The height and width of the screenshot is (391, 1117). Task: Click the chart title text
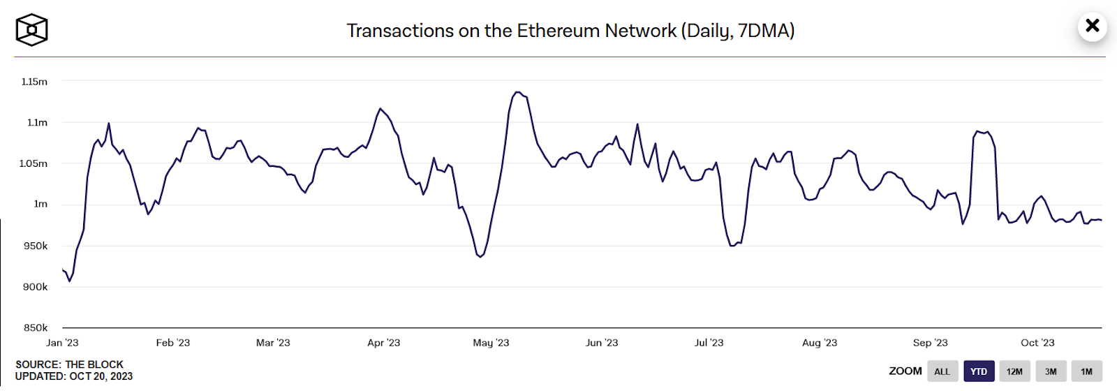pyautogui.click(x=570, y=31)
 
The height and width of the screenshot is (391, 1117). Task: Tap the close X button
pyautogui.click(x=1092, y=27)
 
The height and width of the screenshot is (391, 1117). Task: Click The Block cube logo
pyautogui.click(x=31, y=30)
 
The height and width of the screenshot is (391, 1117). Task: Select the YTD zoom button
pyautogui.click(x=979, y=371)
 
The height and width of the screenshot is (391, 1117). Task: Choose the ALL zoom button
pyautogui.click(x=942, y=371)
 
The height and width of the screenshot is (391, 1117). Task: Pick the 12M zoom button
pyautogui.click(x=1014, y=371)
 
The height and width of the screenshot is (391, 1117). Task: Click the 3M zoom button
pyautogui.click(x=1051, y=371)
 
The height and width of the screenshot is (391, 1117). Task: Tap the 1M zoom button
pyautogui.click(x=1086, y=371)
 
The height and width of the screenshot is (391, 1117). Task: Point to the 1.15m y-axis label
pyautogui.click(x=34, y=82)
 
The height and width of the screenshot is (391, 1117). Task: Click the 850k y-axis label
pyautogui.click(x=36, y=327)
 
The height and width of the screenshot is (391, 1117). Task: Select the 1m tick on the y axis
pyautogui.click(x=40, y=204)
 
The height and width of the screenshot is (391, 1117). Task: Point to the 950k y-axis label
pyautogui.click(x=36, y=246)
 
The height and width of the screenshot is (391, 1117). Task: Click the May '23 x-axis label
pyautogui.click(x=491, y=343)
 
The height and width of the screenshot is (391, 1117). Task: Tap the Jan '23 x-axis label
pyautogui.click(x=62, y=343)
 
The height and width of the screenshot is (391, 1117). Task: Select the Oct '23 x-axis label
pyautogui.click(x=1037, y=343)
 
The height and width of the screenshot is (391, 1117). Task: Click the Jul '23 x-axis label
pyautogui.click(x=709, y=343)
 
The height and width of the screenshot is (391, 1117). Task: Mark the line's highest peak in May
pyautogui.click(x=517, y=91)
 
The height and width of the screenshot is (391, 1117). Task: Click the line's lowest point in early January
pyautogui.click(x=69, y=281)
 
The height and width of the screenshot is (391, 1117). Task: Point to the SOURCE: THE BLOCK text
pyautogui.click(x=69, y=364)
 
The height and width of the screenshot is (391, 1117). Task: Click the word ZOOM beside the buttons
pyautogui.click(x=905, y=371)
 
